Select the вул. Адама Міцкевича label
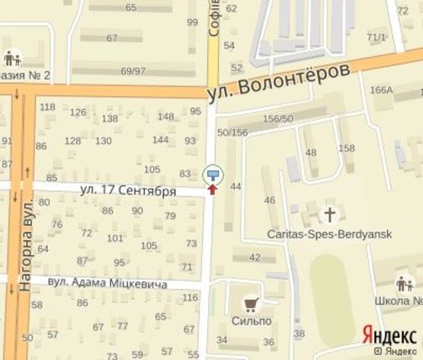tap(107, 283)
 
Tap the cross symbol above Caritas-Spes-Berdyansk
tap(329, 213)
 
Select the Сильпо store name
tap(252, 321)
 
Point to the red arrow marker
tap(213, 187)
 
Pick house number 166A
tap(380, 90)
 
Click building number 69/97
tap(133, 71)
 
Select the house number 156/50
tap(277, 118)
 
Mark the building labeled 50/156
tap(232, 133)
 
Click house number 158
tap(346, 147)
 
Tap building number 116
tap(191, 297)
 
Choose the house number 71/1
tap(376, 37)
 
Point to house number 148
tap(165, 116)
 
